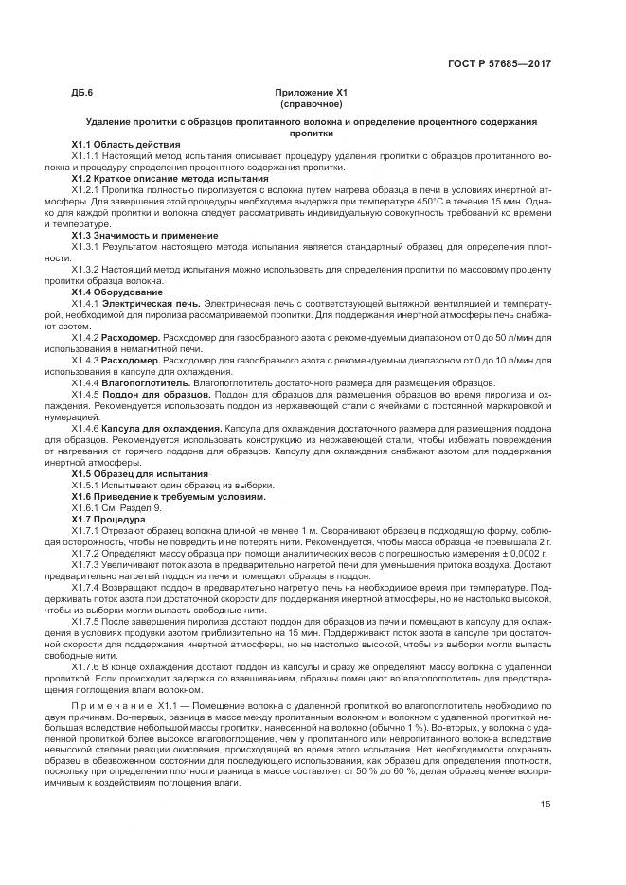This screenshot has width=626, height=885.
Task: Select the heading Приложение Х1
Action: point(312,93)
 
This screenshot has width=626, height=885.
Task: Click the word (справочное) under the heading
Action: point(312,103)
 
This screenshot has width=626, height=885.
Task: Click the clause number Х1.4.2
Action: point(85,337)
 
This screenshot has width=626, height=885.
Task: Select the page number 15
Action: point(546,805)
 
